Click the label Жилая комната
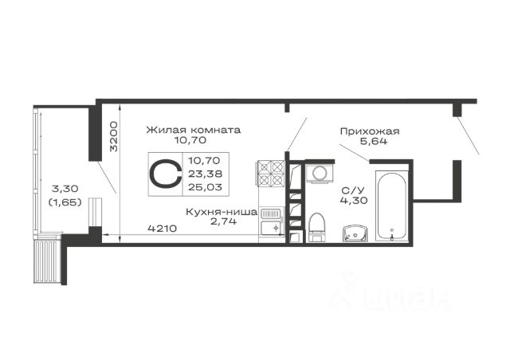click(193, 130)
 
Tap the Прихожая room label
click(370, 131)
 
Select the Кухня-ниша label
click(222, 213)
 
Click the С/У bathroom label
click(353, 190)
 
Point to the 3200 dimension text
click(114, 136)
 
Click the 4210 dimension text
click(163, 229)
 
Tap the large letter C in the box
click(166, 174)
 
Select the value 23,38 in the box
click(205, 174)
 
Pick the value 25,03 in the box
click(205, 187)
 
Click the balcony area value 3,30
click(65, 188)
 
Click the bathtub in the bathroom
click(391, 205)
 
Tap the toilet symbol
click(316, 227)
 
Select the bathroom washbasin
click(355, 233)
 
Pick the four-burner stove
click(271, 174)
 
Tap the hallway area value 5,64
click(374, 141)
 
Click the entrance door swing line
click(468, 135)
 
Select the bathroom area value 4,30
click(354, 200)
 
